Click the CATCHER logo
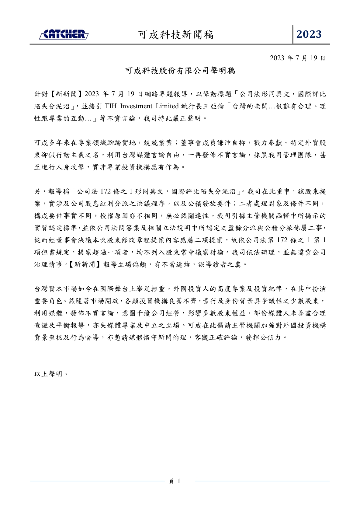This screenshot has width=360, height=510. pyautogui.click(x=64, y=34)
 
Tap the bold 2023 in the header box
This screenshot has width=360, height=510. pyautogui.click(x=309, y=34)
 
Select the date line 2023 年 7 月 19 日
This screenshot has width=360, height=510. pyautogui.click(x=297, y=58)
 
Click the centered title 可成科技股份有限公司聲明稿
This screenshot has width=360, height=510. pyautogui.click(x=180, y=71)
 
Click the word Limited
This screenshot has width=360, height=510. pyautogui.click(x=167, y=106)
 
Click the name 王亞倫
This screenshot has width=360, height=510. pyautogui.click(x=213, y=106)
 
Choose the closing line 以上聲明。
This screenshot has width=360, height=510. pyautogui.click(x=52, y=374)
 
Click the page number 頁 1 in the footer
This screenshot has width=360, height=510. pyautogui.click(x=175, y=481)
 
